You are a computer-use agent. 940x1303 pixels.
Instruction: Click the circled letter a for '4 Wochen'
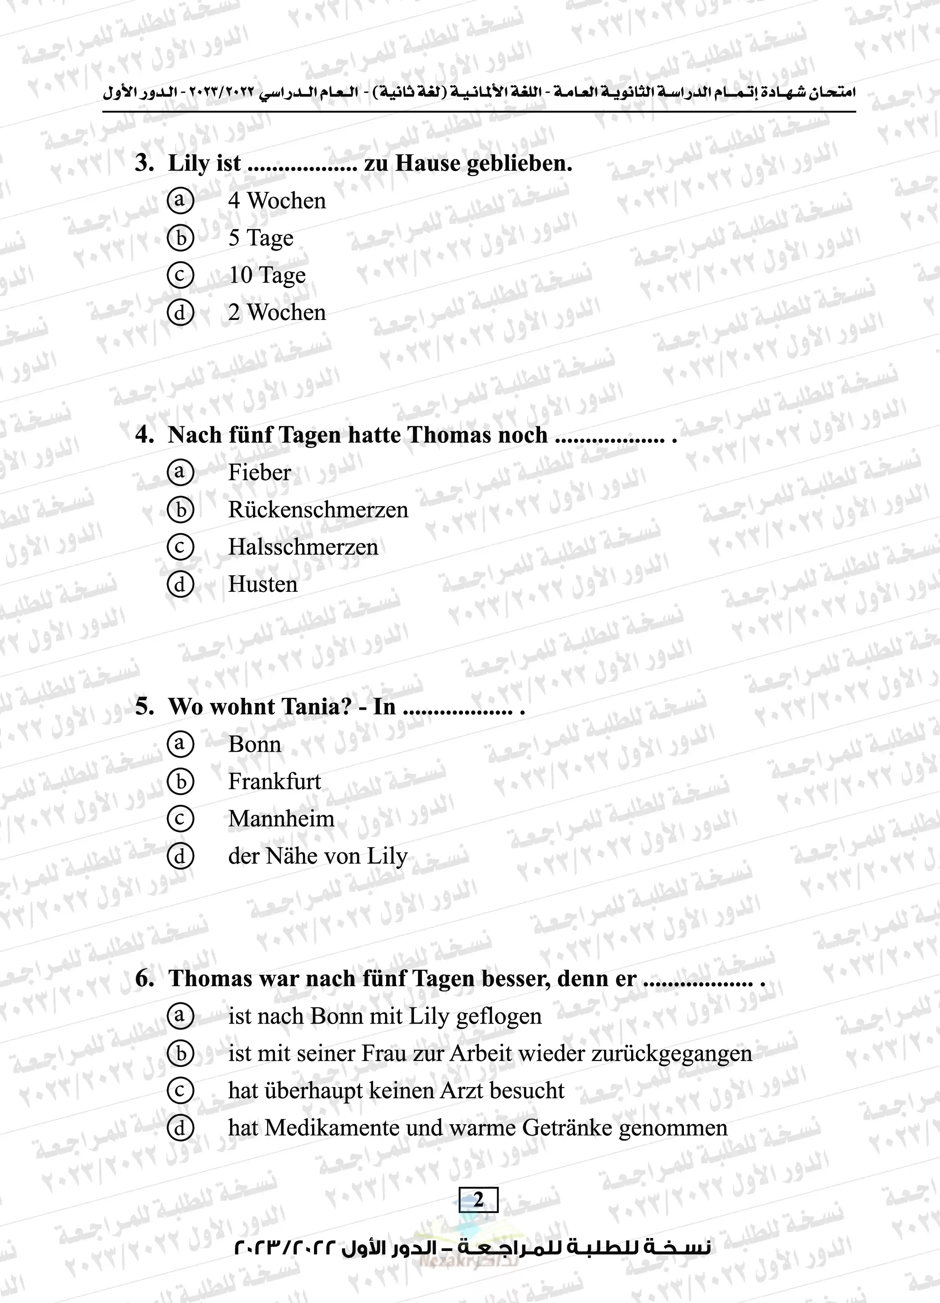pyautogui.click(x=180, y=201)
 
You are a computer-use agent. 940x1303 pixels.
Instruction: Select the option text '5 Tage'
pyautogui.click(x=260, y=238)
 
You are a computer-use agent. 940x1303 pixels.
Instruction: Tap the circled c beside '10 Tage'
pyautogui.click(x=180, y=275)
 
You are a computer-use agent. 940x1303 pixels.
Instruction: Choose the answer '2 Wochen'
pyautogui.click(x=277, y=312)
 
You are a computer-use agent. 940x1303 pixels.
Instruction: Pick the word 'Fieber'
pyautogui.click(x=259, y=472)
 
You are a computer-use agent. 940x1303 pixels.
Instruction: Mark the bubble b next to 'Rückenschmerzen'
pyautogui.click(x=180, y=509)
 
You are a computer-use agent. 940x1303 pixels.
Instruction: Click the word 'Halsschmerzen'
pyautogui.click(x=303, y=547)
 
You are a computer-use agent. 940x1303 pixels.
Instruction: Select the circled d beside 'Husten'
pyautogui.click(x=180, y=584)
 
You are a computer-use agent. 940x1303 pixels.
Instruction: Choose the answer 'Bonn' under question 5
pyautogui.click(x=255, y=744)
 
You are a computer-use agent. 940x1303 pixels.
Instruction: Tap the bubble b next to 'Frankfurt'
pyautogui.click(x=180, y=781)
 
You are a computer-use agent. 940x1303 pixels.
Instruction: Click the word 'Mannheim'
pyautogui.click(x=281, y=819)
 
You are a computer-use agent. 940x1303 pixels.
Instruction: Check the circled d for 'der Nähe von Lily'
pyautogui.click(x=180, y=856)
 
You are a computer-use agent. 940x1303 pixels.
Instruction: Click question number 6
pyautogui.click(x=144, y=978)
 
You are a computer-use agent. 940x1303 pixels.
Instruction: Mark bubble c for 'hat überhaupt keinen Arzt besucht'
pyautogui.click(x=180, y=1090)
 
